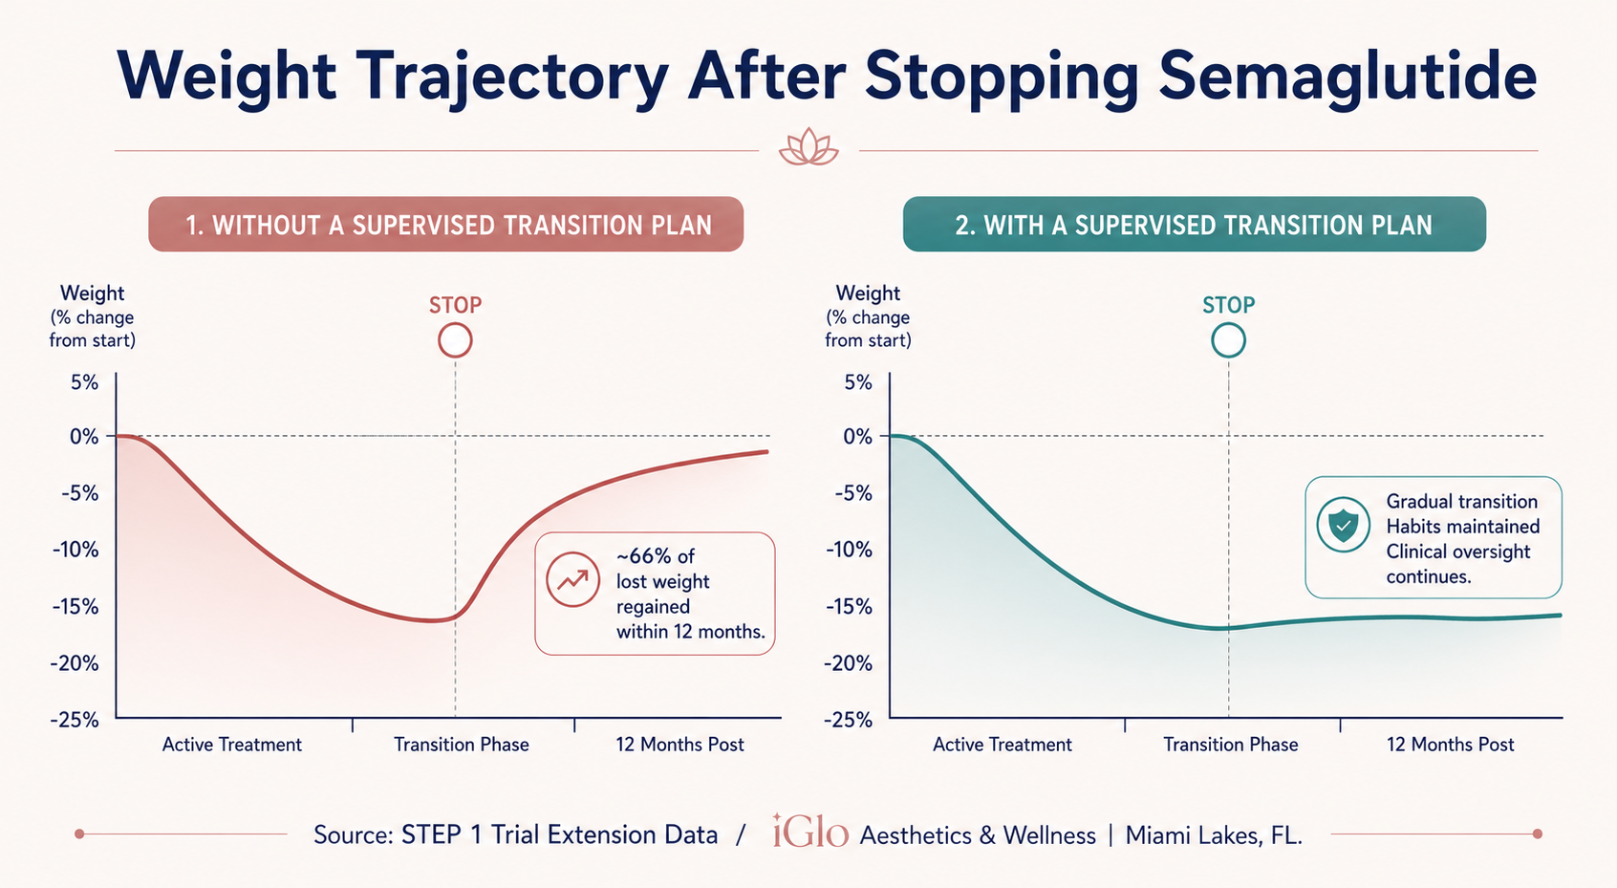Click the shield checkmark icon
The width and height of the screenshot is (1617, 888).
coord(1343,525)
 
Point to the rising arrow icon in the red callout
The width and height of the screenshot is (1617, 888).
coord(572,579)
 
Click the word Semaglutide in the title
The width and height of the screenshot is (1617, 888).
coord(1347,76)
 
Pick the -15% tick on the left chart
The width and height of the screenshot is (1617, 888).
coord(75,606)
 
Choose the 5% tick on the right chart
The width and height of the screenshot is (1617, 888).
coord(857,382)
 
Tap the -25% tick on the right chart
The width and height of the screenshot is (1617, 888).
coord(849,720)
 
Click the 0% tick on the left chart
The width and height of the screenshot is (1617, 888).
coord(84,436)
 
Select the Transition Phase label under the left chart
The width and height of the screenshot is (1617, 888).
coord(462,745)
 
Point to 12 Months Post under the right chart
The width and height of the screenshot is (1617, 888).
coord(1451,745)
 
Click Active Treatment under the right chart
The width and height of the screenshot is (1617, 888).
coord(1002,745)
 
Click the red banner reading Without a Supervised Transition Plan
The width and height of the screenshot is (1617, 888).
coord(446,225)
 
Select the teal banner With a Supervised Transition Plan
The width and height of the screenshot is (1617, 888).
coord(1194,225)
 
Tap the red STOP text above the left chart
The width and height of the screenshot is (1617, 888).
coord(455,305)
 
